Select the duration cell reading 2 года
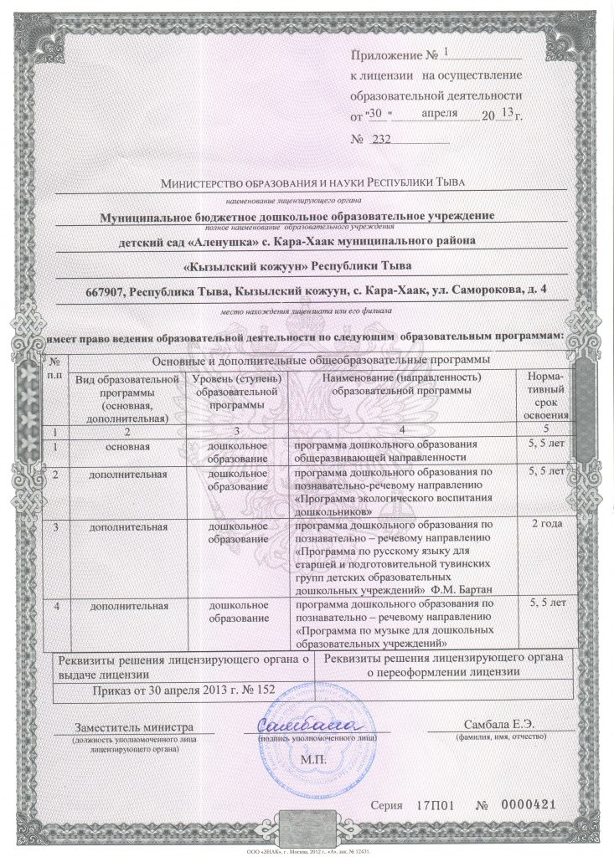(546, 523)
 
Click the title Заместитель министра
(134, 726)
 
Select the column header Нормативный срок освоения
(546, 396)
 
